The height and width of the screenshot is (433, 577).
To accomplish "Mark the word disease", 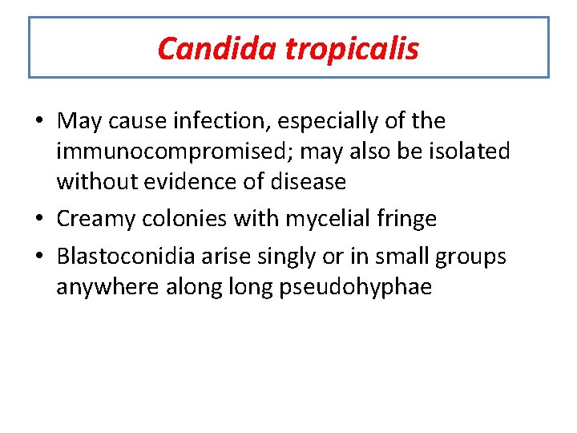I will click(x=309, y=182).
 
